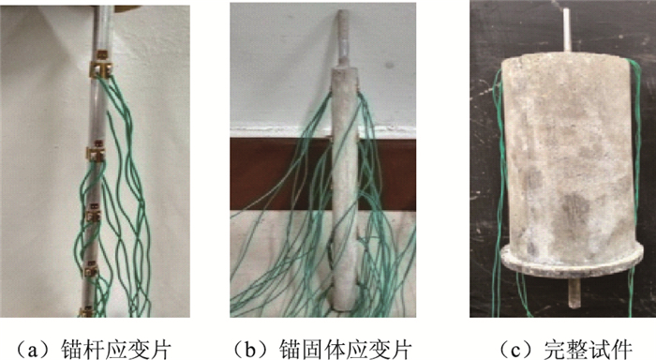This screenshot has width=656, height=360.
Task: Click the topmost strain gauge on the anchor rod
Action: pyautogui.click(x=102, y=66)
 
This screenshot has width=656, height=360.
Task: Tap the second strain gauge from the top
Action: pyautogui.click(x=97, y=153)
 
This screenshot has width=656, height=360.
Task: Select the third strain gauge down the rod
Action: pyautogui.click(x=94, y=214)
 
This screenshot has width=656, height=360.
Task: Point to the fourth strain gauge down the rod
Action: pyautogui.click(x=90, y=269)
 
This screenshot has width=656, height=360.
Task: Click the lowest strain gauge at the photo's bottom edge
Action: pyautogui.click(x=87, y=312)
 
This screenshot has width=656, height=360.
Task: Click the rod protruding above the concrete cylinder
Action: pyautogui.click(x=566, y=30)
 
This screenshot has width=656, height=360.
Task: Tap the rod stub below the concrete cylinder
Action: pyautogui.click(x=574, y=293)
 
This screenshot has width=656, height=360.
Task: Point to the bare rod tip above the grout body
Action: pyautogui.click(x=343, y=37)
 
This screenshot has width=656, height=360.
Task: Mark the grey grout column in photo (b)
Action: pyautogui.click(x=345, y=188)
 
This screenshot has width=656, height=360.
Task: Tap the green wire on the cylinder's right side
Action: pyautogui.click(x=636, y=168)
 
